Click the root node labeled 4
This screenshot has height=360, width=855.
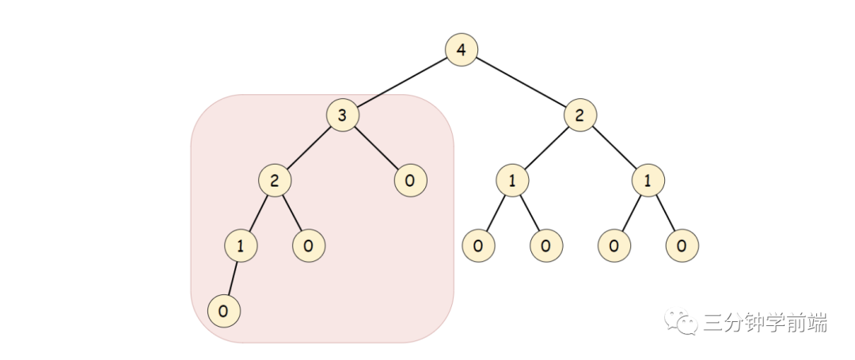[462, 50]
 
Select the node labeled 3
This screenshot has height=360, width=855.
[343, 115]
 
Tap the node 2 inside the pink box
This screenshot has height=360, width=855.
[274, 180]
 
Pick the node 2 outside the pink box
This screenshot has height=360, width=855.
[580, 115]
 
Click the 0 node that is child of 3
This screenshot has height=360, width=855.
[411, 180]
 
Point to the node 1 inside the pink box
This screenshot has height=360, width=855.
[241, 245]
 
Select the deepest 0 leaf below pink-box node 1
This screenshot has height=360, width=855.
[223, 311]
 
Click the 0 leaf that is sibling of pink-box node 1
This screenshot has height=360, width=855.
[309, 245]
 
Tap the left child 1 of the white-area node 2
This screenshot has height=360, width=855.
[512, 180]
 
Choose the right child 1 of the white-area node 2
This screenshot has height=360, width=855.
[648, 180]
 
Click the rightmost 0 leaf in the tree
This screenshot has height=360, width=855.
[682, 245]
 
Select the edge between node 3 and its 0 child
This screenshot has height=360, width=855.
[376, 148]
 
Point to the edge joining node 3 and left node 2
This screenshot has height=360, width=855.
[309, 148]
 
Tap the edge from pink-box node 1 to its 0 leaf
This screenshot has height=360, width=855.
[232, 279]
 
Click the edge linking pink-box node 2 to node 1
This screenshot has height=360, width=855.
[257, 213]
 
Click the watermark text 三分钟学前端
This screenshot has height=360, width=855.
[765, 323]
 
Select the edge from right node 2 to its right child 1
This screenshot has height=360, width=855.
[614, 148]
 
